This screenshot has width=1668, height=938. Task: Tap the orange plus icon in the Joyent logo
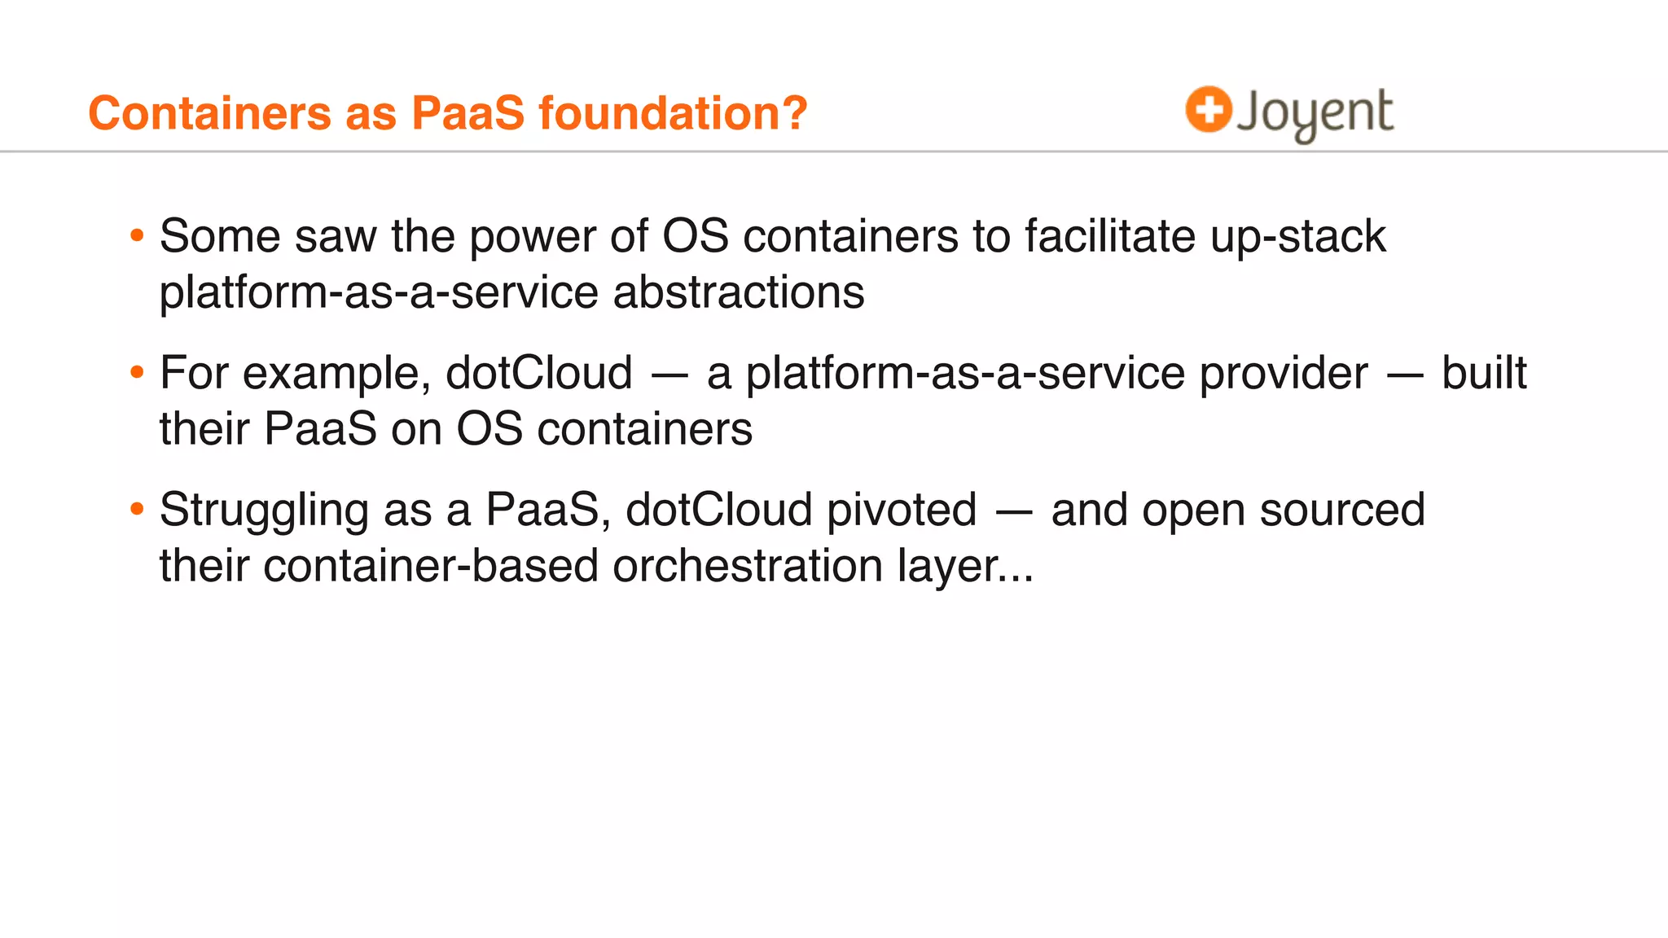pyautogui.click(x=1208, y=109)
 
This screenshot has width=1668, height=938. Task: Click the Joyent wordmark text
pyautogui.click(x=1315, y=114)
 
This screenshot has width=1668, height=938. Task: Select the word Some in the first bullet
pyautogui.click(x=220, y=236)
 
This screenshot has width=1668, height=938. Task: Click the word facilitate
pyautogui.click(x=1110, y=236)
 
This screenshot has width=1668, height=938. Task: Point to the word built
pyautogui.click(x=1484, y=373)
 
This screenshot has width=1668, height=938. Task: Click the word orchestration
pyautogui.click(x=747, y=566)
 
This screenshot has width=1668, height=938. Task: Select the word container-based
pyautogui.click(x=431, y=566)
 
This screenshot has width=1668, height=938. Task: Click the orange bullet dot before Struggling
pyautogui.click(x=137, y=510)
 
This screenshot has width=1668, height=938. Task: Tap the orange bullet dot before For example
pyautogui.click(x=137, y=373)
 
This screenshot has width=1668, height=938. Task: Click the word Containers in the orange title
pyautogui.click(x=209, y=112)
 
